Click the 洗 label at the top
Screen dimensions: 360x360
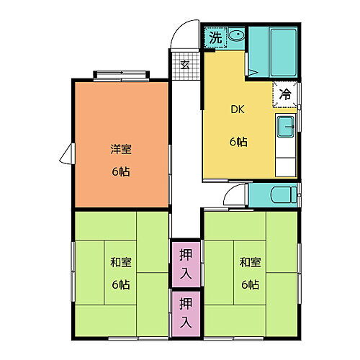(x=215, y=38)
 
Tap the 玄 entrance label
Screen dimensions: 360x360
(x=184, y=65)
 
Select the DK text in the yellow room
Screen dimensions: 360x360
(x=238, y=110)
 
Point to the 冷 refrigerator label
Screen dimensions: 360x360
(x=285, y=94)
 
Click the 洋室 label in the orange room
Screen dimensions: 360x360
(x=121, y=150)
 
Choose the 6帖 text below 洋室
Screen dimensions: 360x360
(x=121, y=172)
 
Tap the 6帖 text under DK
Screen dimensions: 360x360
(x=238, y=142)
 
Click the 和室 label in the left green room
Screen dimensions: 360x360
(x=121, y=261)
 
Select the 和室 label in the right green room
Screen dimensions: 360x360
(x=250, y=261)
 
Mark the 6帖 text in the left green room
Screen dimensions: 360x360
(x=121, y=284)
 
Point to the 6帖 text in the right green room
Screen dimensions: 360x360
(x=250, y=284)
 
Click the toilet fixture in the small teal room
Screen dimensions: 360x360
(x=284, y=194)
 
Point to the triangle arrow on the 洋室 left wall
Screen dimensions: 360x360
(x=66, y=153)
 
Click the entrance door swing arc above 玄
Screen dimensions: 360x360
(x=184, y=37)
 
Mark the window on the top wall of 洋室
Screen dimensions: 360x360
(x=121, y=73)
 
